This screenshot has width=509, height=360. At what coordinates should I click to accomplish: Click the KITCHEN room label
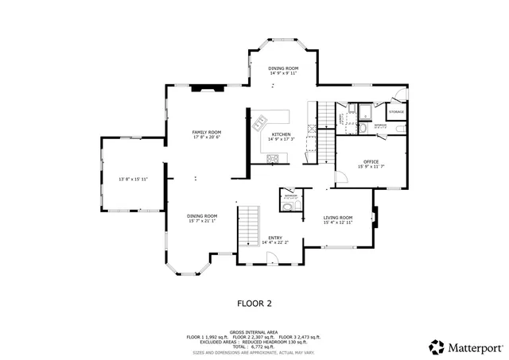point(282,134)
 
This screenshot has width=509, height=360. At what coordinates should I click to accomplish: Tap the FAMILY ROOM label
point(206,132)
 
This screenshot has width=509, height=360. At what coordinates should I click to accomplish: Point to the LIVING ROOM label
point(337,217)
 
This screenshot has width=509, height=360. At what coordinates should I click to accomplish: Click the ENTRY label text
point(274,238)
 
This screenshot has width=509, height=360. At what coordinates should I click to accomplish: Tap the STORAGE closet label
point(396,112)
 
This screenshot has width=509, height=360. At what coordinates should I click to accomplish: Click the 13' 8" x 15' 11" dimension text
point(133,180)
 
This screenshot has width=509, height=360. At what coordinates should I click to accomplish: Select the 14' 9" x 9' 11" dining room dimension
point(282,74)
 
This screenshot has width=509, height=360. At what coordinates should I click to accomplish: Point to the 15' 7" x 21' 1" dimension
point(202,222)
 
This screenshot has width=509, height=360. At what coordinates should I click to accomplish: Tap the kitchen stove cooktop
point(273,158)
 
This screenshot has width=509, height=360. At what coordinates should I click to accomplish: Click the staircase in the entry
point(250,225)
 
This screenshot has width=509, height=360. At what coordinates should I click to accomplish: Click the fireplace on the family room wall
point(208,89)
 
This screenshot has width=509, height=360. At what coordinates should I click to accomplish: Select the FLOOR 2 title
point(254,303)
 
